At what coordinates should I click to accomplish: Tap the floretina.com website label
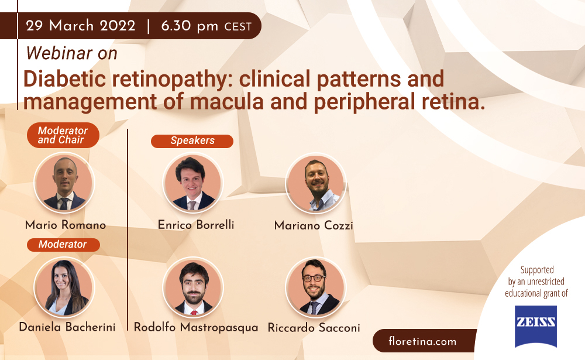pos(422,341)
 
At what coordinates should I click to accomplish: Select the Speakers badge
pos(192,141)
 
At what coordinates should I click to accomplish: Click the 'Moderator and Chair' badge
pos(63,135)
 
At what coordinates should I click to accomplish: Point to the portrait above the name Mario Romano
pos(64,183)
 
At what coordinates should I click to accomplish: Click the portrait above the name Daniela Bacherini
pos(64,287)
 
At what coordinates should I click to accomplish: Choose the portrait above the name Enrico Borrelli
pos(193,183)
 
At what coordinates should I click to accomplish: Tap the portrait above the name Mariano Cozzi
pos(316,183)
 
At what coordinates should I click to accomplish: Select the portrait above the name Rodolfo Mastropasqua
pos(193,287)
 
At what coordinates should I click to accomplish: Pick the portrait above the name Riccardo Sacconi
pos(316,287)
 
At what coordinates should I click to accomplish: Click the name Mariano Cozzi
pos(314,225)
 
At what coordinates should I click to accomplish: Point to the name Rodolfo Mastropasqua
pos(196,327)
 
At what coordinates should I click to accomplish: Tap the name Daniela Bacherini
pos(67,327)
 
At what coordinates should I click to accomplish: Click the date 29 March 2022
pos(81,26)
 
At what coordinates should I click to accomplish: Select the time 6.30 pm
pos(190,26)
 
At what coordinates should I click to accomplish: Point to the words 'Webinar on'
pos(71,53)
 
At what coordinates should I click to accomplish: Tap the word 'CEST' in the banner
pos(238,27)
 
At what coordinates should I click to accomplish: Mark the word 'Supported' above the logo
pos(537,270)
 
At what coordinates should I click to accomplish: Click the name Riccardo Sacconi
pos(314,328)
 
